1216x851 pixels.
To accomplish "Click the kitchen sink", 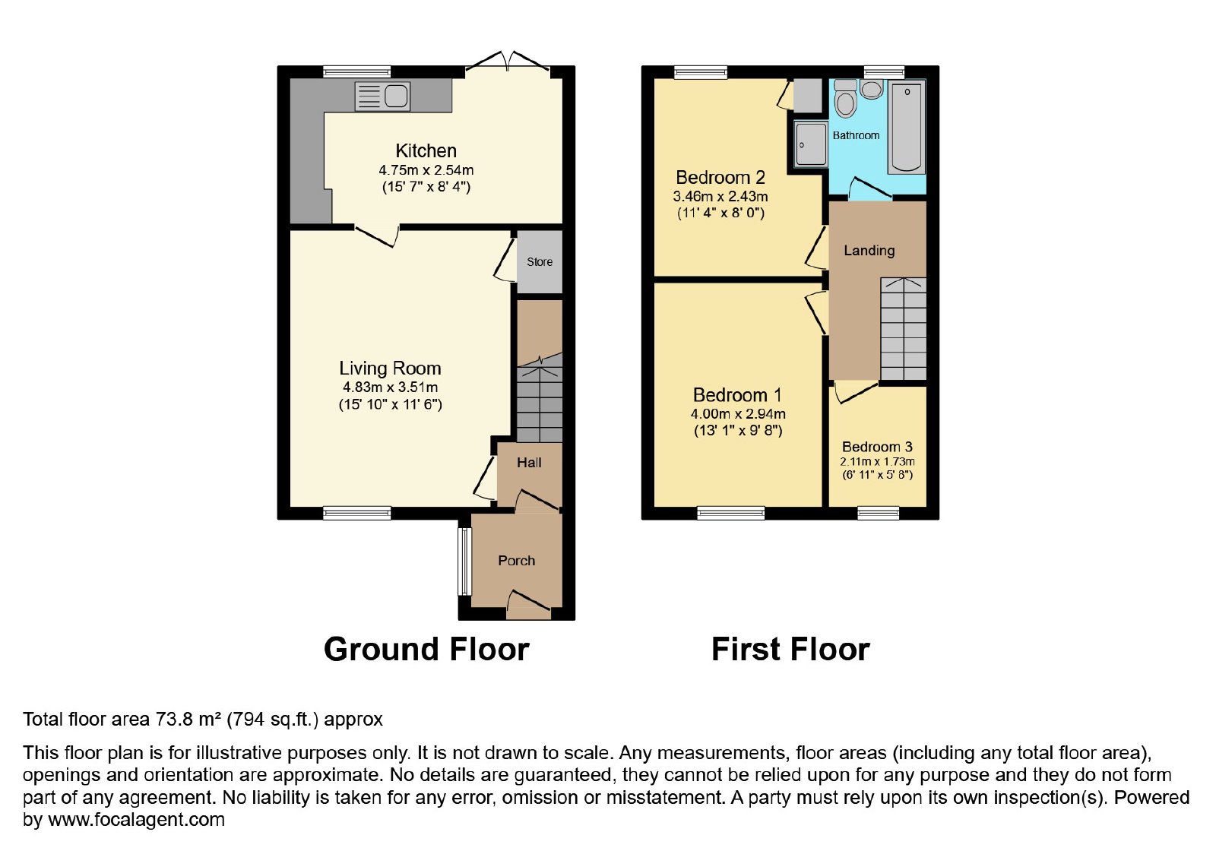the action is click(382, 96).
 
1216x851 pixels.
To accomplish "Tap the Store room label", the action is click(540, 261).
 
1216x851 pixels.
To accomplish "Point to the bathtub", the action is click(907, 128).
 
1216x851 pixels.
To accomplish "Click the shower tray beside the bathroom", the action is click(810, 144).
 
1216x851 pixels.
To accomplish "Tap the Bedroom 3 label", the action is click(877, 447).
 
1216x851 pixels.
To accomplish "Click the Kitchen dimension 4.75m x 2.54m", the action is click(426, 170).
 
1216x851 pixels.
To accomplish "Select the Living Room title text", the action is click(391, 369).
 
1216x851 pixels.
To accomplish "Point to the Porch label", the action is click(517, 561).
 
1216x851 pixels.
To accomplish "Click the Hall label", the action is click(529, 463).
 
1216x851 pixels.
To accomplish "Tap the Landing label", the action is click(869, 251).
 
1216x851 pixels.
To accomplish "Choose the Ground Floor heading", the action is click(426, 649).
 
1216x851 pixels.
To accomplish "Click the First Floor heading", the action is click(791, 649).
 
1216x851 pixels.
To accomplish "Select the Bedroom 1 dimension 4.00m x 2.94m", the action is click(738, 413).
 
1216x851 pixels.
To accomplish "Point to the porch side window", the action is click(464, 562).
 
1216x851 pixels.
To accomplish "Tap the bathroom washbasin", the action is click(872, 89).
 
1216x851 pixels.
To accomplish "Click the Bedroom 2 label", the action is click(720, 178).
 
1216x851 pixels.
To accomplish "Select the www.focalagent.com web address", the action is click(136, 819).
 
